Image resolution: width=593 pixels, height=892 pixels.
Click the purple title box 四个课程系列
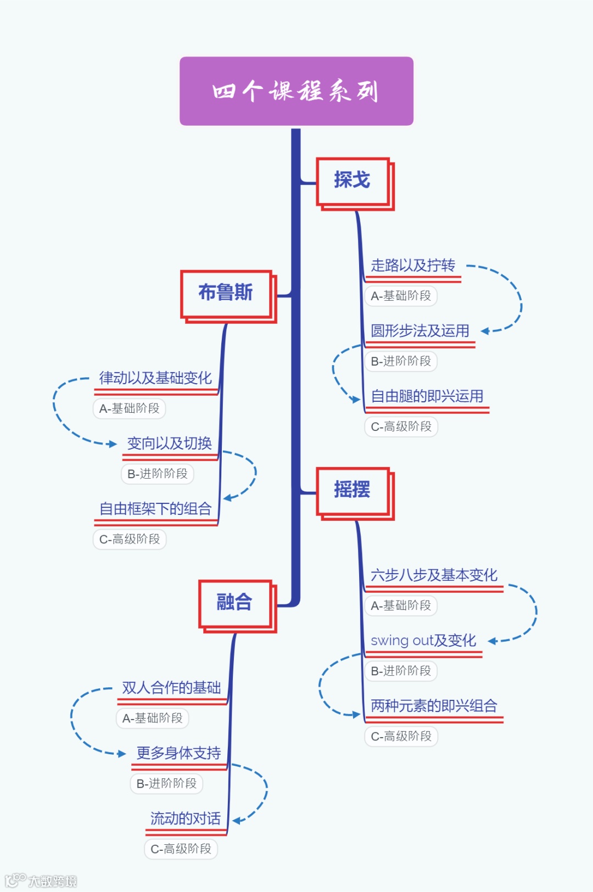tap(296, 91)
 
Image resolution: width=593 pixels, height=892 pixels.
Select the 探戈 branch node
tap(353, 181)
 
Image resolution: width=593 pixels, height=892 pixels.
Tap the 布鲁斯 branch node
tap(226, 293)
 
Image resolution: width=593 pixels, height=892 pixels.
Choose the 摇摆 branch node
tap(353, 490)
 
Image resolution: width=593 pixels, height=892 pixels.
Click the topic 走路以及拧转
tap(413, 266)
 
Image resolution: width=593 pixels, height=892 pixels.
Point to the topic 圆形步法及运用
tap(420, 332)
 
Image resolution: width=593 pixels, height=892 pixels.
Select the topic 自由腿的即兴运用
tap(427, 397)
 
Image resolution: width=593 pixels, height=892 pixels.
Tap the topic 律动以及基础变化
tap(155, 379)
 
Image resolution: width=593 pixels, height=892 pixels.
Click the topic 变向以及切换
tap(170, 444)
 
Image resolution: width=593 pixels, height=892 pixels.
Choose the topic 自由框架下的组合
tap(155, 509)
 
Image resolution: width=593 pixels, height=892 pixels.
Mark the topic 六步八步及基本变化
tap(434, 576)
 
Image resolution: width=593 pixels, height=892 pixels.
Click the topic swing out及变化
tap(423, 641)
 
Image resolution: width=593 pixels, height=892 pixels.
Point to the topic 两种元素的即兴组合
tap(434, 706)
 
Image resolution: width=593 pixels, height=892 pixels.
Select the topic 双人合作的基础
tap(171, 688)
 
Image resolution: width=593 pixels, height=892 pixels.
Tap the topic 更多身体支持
tap(178, 754)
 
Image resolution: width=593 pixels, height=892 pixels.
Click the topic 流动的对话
tap(186, 819)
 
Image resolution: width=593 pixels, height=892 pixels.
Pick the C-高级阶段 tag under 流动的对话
tap(181, 849)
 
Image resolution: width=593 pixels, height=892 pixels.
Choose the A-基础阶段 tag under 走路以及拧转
tap(401, 296)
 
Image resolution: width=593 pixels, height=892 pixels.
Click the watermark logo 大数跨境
tap(41, 881)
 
